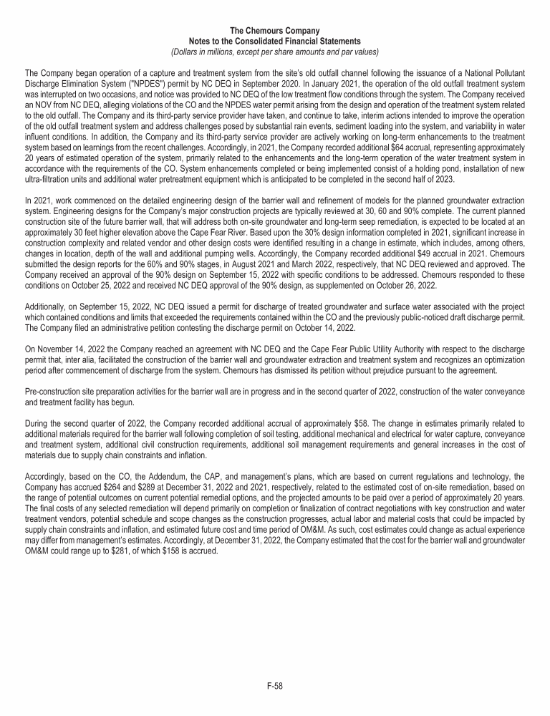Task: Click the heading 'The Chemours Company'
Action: point(275,31)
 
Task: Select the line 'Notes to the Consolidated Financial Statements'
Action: point(275,41)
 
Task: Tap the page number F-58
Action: point(274,686)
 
